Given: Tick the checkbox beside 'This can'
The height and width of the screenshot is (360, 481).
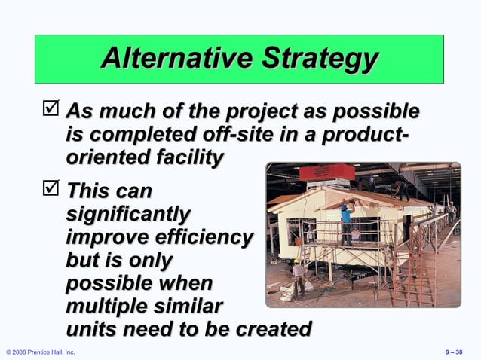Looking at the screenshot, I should (x=53, y=188).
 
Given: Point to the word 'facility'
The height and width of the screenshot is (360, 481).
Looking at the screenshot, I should (x=186, y=159).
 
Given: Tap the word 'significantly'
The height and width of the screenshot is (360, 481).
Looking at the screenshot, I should (x=127, y=213).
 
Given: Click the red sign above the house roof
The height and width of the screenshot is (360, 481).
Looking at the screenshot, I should (x=326, y=172).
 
